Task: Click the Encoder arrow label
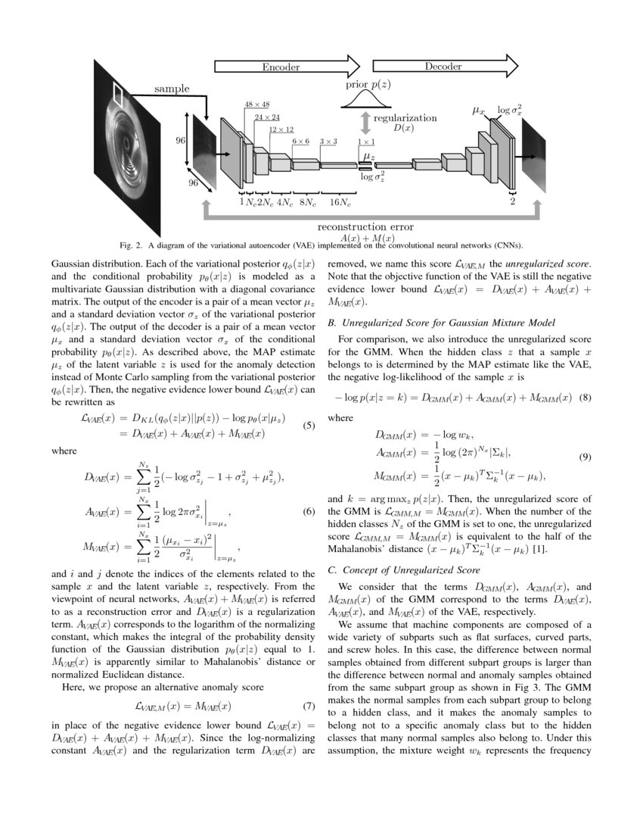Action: pyautogui.click(x=281, y=67)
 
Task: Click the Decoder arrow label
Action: pyautogui.click(x=443, y=67)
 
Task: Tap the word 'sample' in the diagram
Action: pyautogui.click(x=172, y=89)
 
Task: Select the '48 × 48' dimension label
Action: pyautogui.click(x=257, y=105)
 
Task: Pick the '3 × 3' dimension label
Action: pyautogui.click(x=328, y=141)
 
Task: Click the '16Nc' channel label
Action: pyautogui.click(x=340, y=201)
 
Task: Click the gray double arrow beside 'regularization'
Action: pyautogui.click(x=365, y=123)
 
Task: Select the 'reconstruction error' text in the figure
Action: pyautogui.click(x=365, y=226)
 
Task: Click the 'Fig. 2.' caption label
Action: pyautogui.click(x=132, y=245)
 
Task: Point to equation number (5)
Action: pyautogui.click(x=308, y=426)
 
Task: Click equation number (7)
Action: pyautogui.click(x=308, y=707)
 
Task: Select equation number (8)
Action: pyautogui.click(x=584, y=398)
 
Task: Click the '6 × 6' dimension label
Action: pyautogui.click(x=300, y=141)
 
